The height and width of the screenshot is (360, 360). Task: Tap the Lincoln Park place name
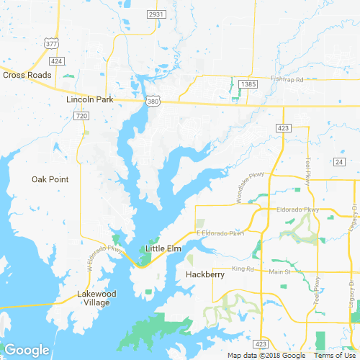(x=90, y=100)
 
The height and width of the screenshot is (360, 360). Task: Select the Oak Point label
(x=50, y=179)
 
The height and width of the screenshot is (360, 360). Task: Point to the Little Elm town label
(x=163, y=248)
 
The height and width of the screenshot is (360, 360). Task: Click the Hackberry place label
(x=205, y=274)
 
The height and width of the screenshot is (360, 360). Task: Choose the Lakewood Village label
(x=96, y=298)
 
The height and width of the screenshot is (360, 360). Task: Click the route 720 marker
(x=81, y=116)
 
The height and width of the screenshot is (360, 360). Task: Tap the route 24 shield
(x=339, y=163)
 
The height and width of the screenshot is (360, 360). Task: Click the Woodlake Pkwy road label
(x=245, y=192)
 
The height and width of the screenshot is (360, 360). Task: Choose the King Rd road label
(x=243, y=269)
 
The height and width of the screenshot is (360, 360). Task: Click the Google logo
(x=27, y=350)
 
